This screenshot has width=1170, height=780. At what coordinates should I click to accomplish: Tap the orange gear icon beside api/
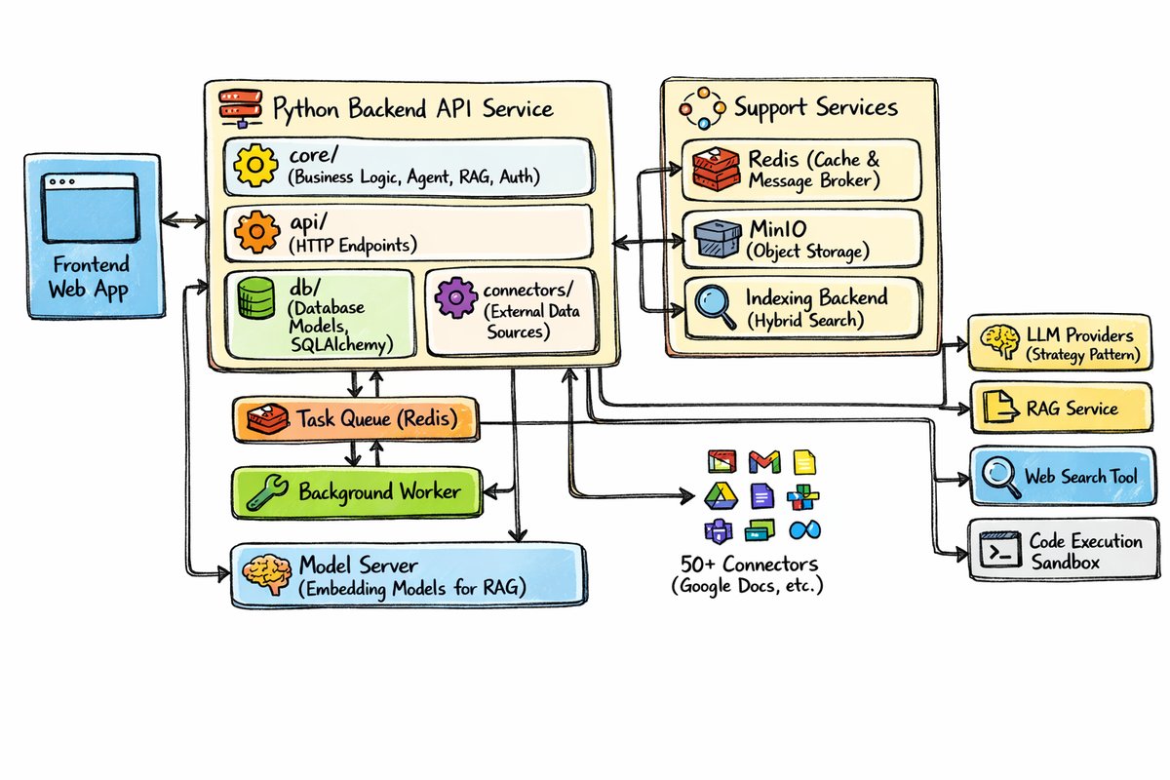[256, 231]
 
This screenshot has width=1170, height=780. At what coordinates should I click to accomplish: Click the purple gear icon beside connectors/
[454, 298]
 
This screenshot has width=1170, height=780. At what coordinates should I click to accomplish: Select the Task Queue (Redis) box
[357, 419]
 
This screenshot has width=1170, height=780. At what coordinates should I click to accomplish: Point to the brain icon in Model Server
[265, 572]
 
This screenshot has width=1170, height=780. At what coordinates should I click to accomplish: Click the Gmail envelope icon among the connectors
[763, 461]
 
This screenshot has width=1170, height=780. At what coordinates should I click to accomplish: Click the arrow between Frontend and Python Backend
[184, 221]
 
